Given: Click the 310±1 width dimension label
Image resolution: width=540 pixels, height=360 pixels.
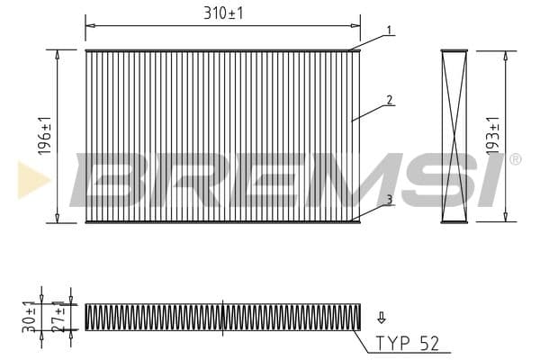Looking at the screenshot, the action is [223, 13].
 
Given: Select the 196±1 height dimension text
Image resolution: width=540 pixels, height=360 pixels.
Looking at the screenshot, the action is [45, 136].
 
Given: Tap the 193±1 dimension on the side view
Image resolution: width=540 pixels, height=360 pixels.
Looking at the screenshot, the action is [493, 136].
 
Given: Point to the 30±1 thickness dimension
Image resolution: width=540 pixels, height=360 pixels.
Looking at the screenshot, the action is [29, 317].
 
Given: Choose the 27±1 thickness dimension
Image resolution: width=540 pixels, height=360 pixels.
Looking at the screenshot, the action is [58, 317].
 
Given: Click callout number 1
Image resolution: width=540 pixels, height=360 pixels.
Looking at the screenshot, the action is [389, 31].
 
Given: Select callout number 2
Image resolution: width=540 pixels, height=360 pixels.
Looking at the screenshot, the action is [389, 100].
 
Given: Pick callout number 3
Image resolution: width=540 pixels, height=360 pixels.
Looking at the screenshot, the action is [389, 200].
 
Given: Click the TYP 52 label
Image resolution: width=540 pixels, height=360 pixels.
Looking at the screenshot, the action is [408, 343].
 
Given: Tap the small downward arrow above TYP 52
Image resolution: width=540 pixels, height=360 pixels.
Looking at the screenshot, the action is [382, 318].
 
